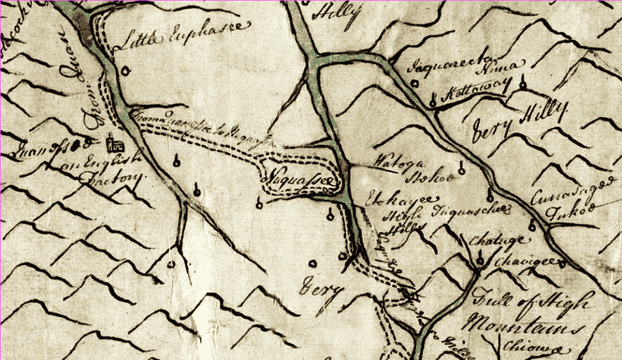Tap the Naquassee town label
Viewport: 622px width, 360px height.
(x=298, y=180)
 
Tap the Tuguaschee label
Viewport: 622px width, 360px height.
(x=471, y=211)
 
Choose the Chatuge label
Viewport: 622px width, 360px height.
(x=487, y=241)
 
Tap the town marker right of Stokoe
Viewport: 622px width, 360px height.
(x=462, y=169)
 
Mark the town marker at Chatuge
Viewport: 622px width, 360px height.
(x=480, y=261)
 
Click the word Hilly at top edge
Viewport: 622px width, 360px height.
(x=336, y=12)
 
